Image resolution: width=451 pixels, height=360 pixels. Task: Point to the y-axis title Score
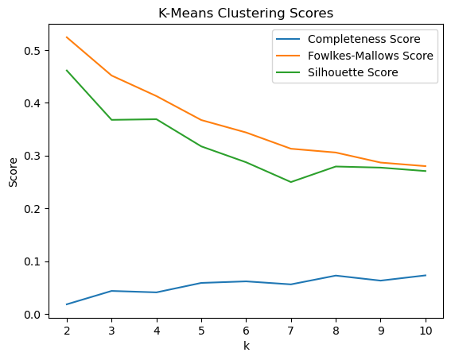click(x=13, y=171)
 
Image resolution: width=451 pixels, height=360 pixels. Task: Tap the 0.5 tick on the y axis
click(x=31, y=51)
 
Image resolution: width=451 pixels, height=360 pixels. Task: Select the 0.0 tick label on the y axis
click(x=31, y=315)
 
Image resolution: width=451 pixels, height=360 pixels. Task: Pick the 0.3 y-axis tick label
click(x=31, y=157)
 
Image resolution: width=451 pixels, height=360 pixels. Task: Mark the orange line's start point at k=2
click(x=66, y=37)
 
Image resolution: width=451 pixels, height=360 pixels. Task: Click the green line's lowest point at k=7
click(x=290, y=182)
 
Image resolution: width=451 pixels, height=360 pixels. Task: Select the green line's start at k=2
click(x=66, y=70)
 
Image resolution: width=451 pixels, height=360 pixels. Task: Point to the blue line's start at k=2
click(x=66, y=304)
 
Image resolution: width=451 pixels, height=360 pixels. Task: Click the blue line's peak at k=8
click(x=336, y=276)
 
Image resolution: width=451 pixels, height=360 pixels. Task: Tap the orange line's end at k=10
click(x=426, y=166)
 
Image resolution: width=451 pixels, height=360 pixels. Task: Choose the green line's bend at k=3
click(x=111, y=120)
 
